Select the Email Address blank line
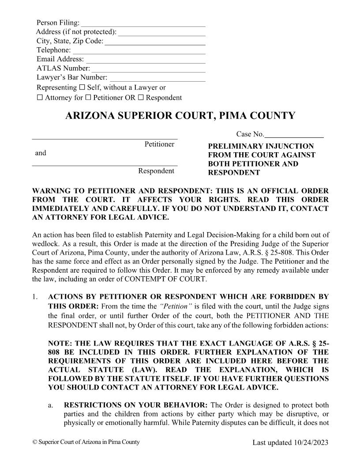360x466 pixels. (145, 63)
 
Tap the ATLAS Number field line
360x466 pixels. (148, 71)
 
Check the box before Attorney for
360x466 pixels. (40, 98)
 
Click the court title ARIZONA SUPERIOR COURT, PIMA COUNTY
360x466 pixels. (180, 116)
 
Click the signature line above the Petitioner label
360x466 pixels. (105, 139)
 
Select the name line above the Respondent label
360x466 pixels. (105, 165)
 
